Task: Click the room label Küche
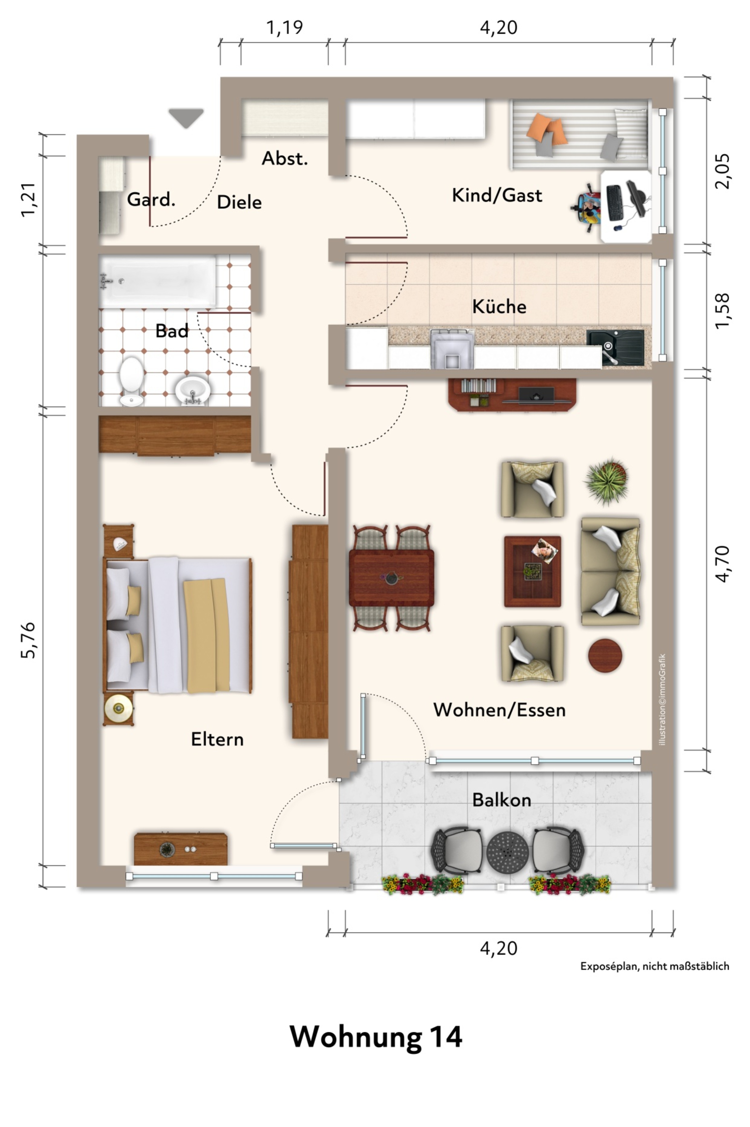(499, 306)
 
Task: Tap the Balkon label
(501, 800)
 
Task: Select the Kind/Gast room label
(497, 195)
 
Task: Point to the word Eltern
(217, 739)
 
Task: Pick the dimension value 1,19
(285, 28)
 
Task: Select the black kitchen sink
(615, 347)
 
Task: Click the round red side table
(605, 656)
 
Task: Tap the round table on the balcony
(507, 852)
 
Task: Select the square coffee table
(532, 571)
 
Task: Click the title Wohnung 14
(376, 1037)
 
